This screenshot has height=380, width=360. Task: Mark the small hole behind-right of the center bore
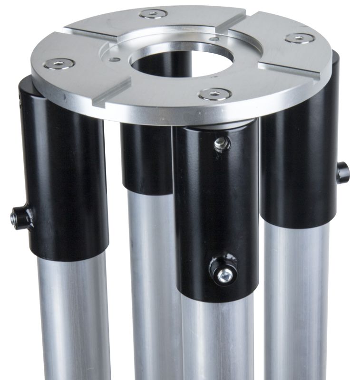217,39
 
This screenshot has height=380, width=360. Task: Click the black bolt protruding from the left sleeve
18,217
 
